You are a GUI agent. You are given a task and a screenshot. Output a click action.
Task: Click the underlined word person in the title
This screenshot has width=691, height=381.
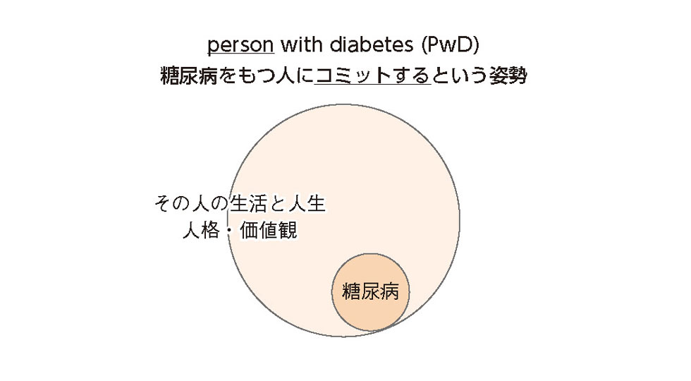(240, 45)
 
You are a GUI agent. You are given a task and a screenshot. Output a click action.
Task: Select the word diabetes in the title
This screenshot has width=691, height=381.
(372, 44)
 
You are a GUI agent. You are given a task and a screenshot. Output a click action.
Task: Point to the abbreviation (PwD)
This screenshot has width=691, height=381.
(450, 44)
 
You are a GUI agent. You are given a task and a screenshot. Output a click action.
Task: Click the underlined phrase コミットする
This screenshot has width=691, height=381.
(372, 75)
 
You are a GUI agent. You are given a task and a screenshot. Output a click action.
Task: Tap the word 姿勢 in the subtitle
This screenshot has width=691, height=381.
(508, 75)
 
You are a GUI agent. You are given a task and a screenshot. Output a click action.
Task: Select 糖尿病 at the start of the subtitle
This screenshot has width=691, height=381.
(189, 75)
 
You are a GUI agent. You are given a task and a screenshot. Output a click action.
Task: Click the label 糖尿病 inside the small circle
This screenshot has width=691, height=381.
(370, 291)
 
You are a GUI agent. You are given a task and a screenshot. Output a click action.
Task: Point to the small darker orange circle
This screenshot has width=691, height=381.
(370, 292)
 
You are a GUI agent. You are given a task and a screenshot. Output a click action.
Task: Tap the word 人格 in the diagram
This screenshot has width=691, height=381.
(201, 230)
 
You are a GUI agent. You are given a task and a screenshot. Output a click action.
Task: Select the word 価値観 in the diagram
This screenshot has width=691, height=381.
(269, 230)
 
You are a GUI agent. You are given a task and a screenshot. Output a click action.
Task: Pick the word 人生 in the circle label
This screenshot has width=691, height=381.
(307, 203)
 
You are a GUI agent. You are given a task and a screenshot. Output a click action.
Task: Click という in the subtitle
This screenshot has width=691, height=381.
(460, 75)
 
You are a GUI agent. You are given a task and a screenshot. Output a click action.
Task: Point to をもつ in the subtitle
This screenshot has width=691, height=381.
(247, 75)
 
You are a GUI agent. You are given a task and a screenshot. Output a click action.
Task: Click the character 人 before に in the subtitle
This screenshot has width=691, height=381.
(285, 75)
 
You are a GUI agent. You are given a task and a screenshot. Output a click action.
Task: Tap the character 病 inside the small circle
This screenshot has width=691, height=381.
(389, 291)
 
